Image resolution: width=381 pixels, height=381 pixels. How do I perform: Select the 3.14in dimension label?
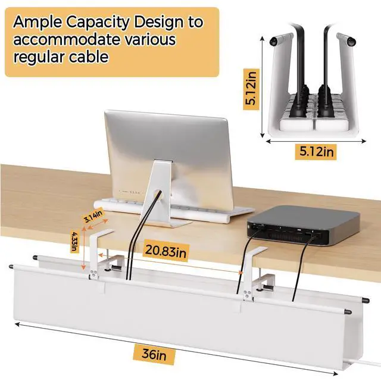[93, 216]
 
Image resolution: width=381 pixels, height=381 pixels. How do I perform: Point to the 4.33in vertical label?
[74, 241]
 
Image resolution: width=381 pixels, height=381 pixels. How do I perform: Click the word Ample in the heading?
[38, 23]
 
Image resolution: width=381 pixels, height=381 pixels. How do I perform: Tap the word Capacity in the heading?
[101, 23]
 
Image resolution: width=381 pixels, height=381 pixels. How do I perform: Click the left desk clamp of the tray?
[104, 256]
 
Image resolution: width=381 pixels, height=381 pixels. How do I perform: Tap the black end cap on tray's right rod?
[365, 301]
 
